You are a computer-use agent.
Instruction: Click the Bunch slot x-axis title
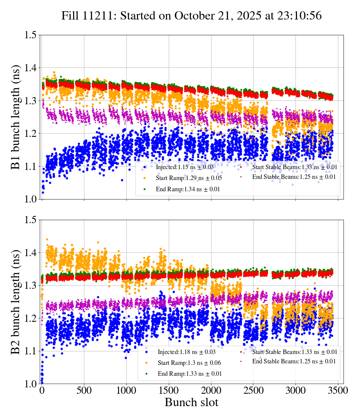(x=191, y=402)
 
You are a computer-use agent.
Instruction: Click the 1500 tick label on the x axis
(x=211, y=390)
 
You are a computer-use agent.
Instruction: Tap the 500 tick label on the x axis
(x=84, y=390)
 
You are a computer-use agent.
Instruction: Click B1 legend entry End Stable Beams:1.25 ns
(x=294, y=177)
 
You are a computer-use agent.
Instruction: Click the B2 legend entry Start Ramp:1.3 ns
(x=189, y=363)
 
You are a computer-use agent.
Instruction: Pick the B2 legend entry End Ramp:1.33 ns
(x=189, y=374)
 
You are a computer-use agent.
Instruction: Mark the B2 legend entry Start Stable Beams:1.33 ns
(x=294, y=352)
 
